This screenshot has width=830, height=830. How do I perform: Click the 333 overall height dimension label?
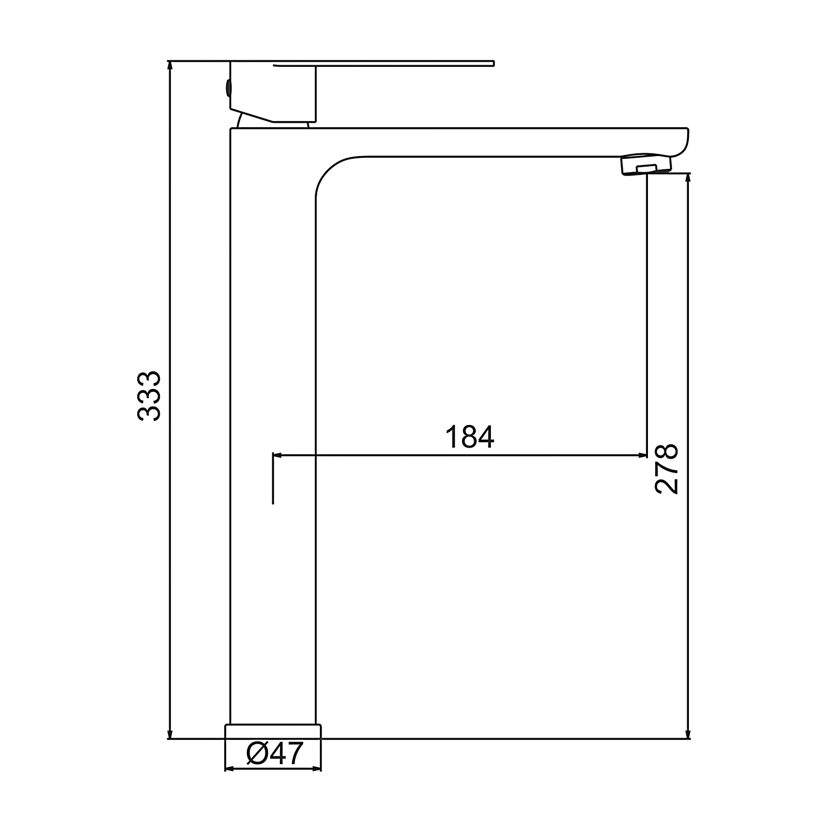pos(149,396)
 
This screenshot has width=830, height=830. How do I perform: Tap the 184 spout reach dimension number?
pos(470,437)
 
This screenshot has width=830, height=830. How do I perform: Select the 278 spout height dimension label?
pos(666,468)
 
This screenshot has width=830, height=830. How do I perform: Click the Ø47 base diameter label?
pos(275,754)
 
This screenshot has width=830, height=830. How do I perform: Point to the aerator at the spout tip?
pos(646,165)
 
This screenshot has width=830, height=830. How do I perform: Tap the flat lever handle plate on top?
pos(383,64)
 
